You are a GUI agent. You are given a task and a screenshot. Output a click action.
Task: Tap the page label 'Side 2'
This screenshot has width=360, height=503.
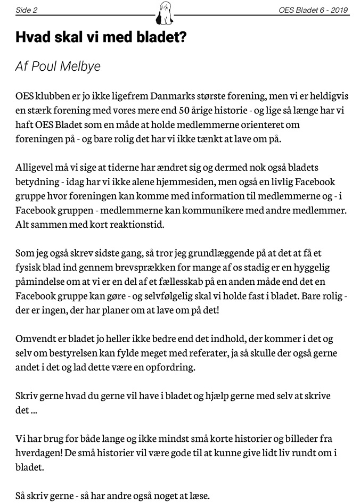[x=27, y=10]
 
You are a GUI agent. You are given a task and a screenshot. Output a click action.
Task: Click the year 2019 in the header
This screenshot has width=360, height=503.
[x=339, y=10]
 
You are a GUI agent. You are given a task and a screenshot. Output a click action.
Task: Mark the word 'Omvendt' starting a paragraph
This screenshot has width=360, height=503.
[x=35, y=339]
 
